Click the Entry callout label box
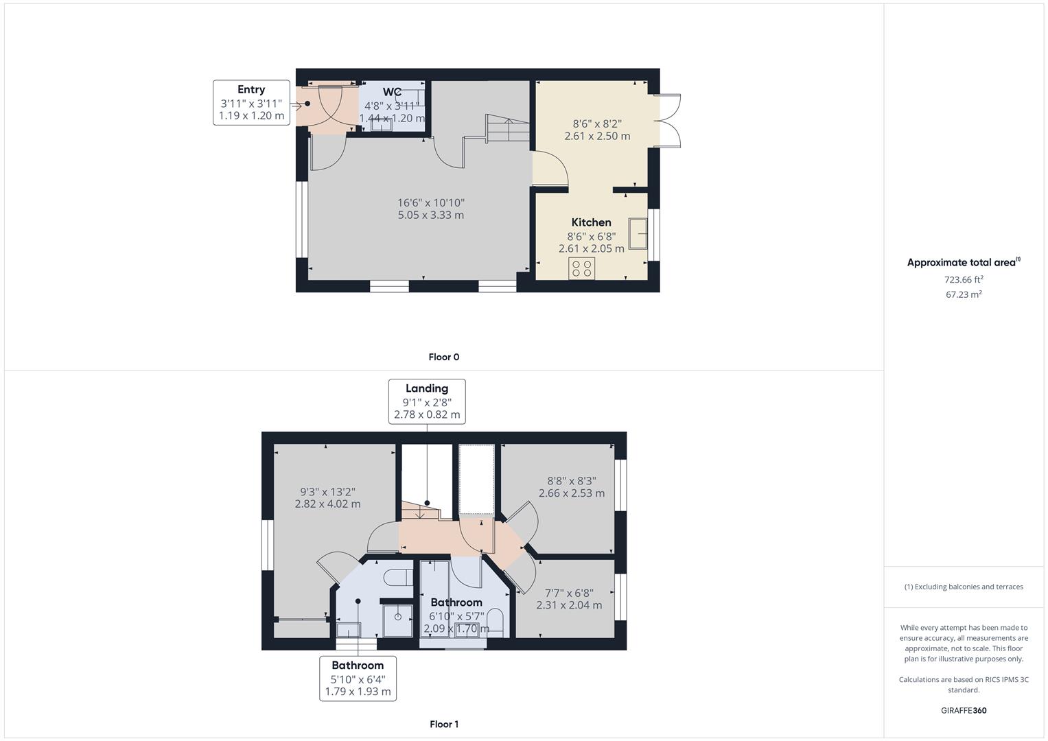tap(251, 103)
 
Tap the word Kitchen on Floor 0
tap(591, 222)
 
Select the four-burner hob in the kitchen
tap(582, 268)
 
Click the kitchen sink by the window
tap(638, 234)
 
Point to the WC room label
tap(392, 92)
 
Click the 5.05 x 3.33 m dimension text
tap(430, 215)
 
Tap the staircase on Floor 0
tap(508, 129)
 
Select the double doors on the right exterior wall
tap(668, 121)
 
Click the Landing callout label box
tap(427, 401)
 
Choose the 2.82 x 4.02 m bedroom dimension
tap(327, 504)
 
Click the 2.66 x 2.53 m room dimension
tap(571, 493)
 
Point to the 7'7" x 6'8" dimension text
tap(569, 593)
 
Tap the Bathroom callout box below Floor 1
tap(358, 678)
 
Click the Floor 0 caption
tap(443, 357)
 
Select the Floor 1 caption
tap(443, 724)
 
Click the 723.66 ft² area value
tap(964, 279)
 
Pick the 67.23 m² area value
tap(964, 294)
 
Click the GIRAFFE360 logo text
tap(964, 710)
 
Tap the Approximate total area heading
tap(963, 262)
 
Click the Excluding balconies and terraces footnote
tap(964, 587)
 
